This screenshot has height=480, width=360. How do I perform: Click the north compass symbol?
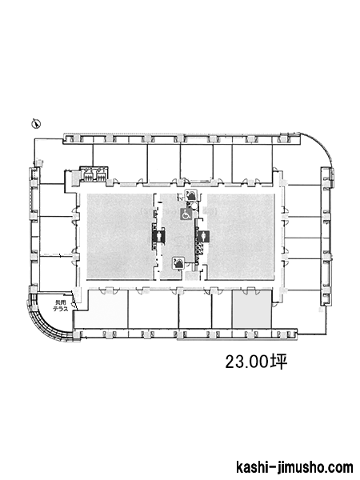coord(37,124)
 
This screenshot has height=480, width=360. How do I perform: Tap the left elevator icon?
coord(89,175)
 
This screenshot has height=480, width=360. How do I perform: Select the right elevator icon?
coord(100,175)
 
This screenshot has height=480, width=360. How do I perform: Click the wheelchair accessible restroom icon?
coord(186,214)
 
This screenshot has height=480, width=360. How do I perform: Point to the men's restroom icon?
coord(159,236)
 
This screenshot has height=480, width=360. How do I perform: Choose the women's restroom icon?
coord(203,236)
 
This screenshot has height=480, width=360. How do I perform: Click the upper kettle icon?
coord(191,195)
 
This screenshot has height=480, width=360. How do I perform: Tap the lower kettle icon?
coord(178,262)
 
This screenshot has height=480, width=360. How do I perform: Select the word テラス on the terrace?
coord(60,309)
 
